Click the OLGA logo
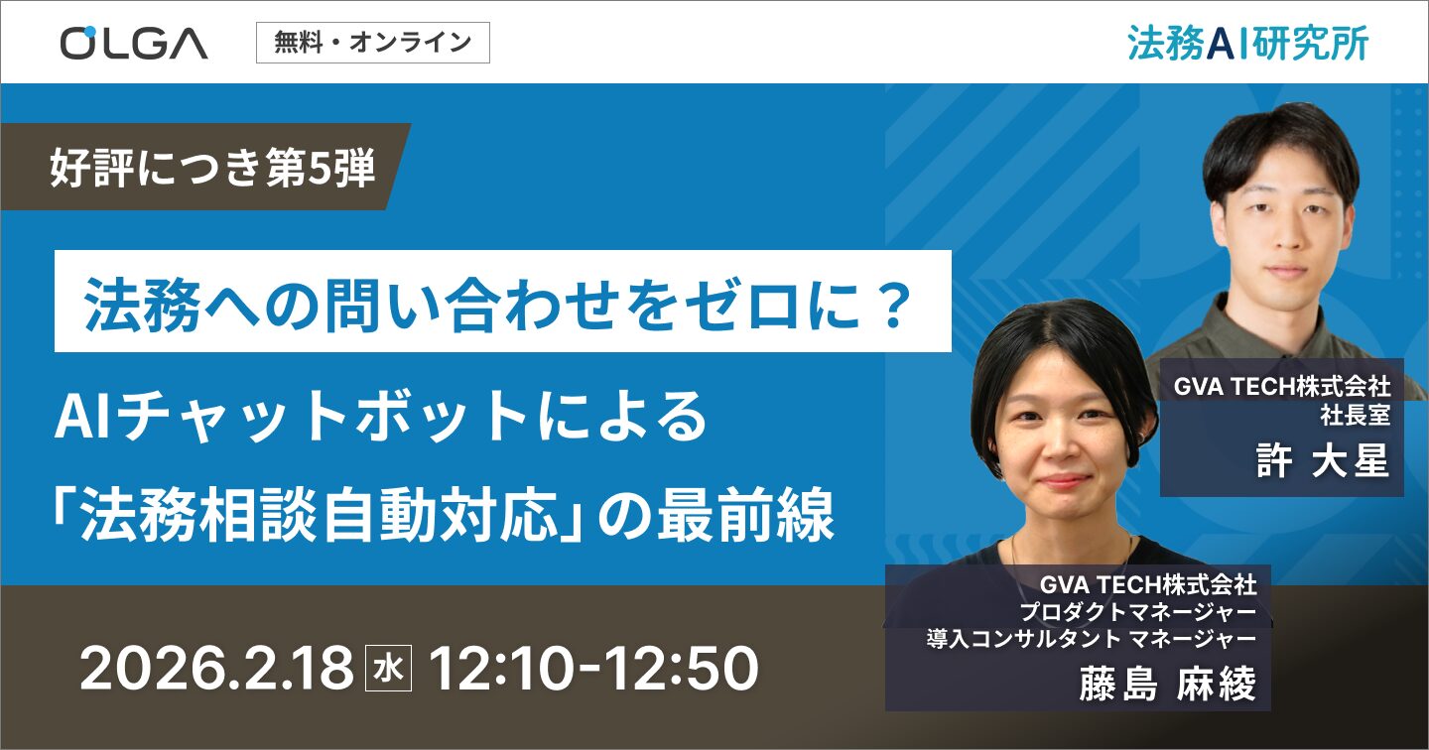coord(134,43)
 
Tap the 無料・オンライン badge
coord(372,43)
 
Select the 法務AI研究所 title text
coord(1247,43)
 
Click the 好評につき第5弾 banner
coord(212,168)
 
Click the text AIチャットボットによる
coord(382,419)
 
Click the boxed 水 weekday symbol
coord(385,670)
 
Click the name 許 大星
coord(1322,462)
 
